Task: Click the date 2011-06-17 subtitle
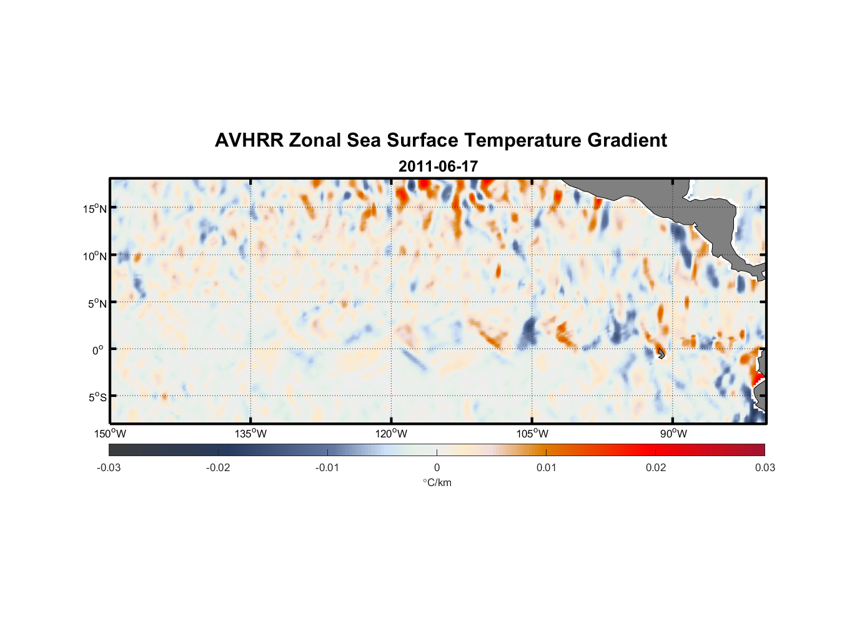[x=438, y=167]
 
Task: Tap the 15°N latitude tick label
[x=95, y=208]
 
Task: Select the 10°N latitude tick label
[x=95, y=256]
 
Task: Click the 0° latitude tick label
[x=98, y=351]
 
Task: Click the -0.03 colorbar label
[x=109, y=468]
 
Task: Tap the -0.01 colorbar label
[x=327, y=468]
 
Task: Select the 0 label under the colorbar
[x=437, y=468]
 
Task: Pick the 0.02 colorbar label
[x=656, y=468]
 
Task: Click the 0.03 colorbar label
[x=765, y=468]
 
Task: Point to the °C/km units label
[x=437, y=483]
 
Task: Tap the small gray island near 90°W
[x=661, y=353]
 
